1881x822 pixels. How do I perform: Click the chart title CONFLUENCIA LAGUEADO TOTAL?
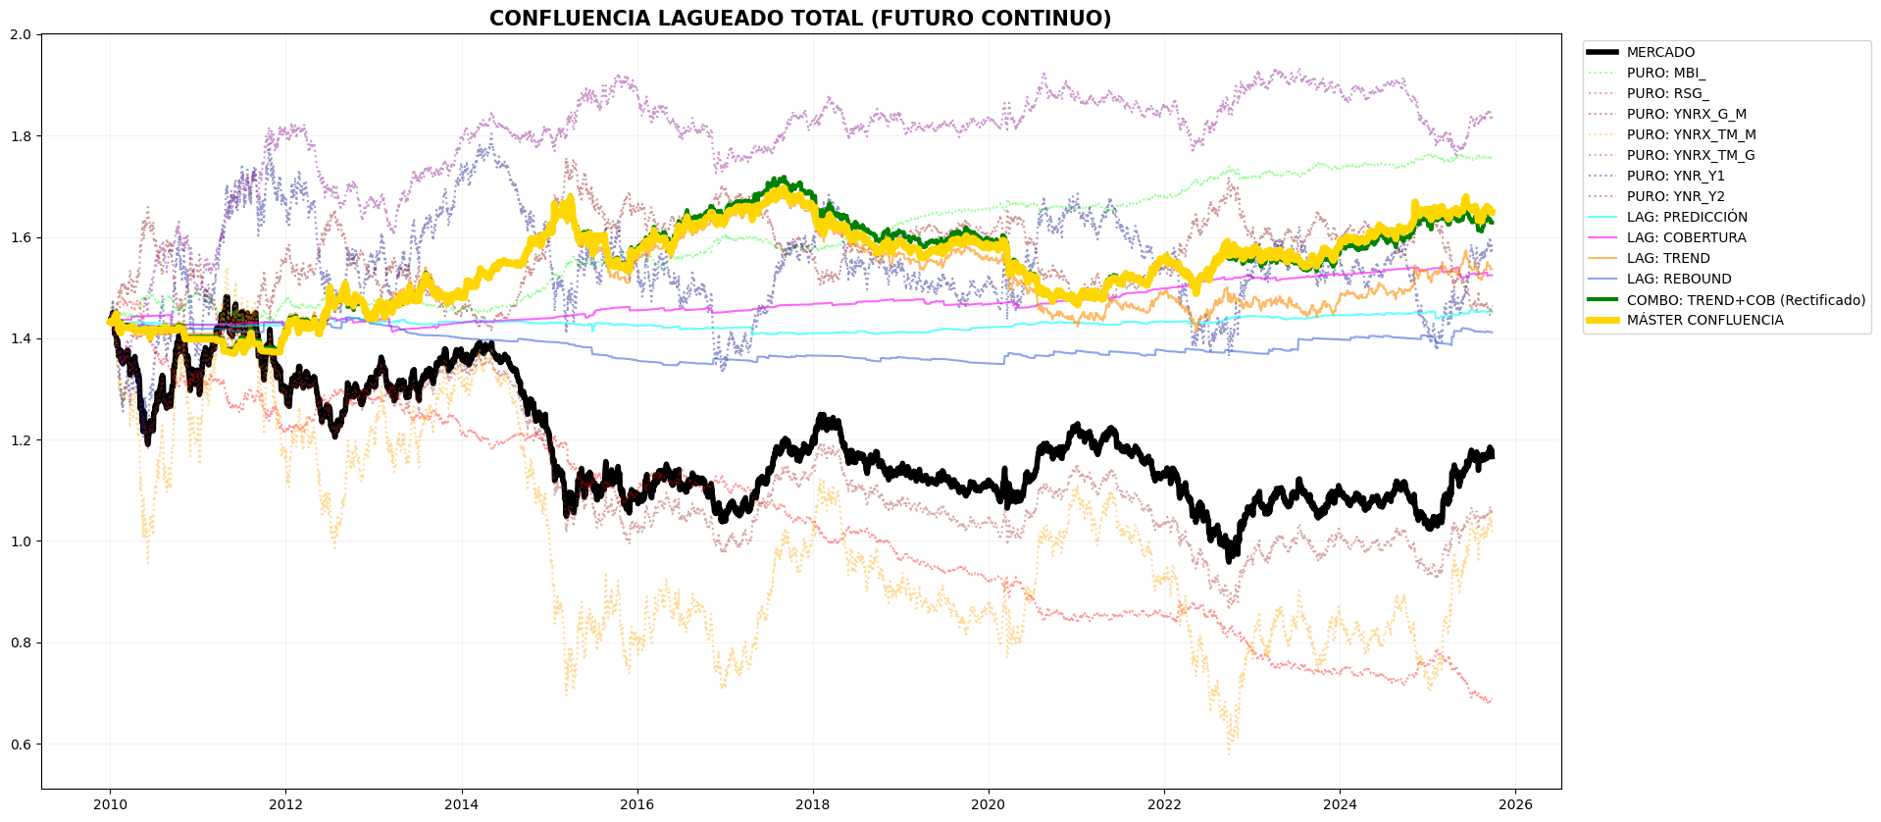point(800,19)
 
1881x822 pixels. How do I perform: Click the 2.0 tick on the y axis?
point(22,34)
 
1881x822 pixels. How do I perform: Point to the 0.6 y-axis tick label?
point(22,745)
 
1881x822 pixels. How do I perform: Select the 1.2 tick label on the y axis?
point(22,440)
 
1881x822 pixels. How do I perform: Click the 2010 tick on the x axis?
point(110,805)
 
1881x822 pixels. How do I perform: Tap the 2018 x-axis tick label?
point(813,805)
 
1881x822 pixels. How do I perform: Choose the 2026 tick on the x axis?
point(1516,805)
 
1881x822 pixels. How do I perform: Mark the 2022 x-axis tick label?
point(1164,805)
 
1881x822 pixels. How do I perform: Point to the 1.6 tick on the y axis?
point(22,237)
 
